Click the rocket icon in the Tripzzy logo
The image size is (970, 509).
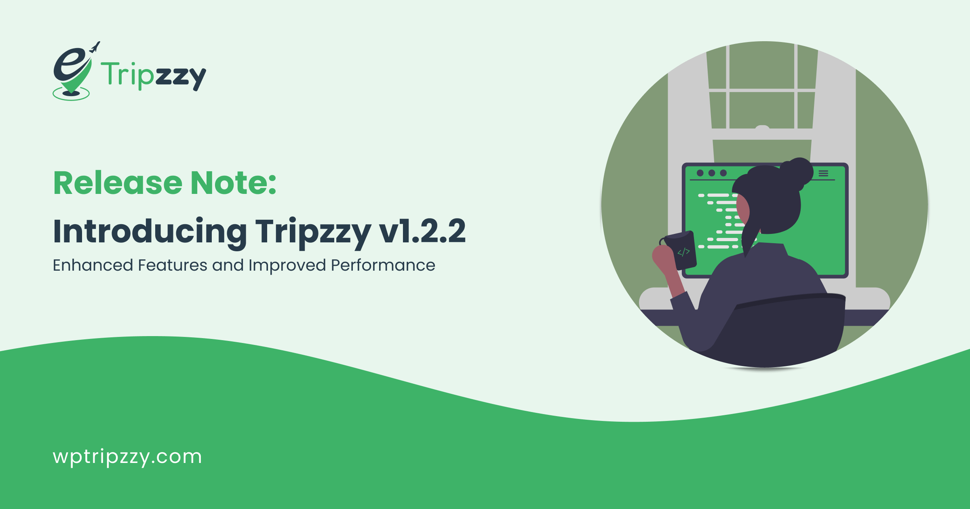(x=95, y=47)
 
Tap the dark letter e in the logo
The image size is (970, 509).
(x=69, y=64)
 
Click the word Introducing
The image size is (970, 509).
(x=150, y=231)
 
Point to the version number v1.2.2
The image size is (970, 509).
(x=422, y=231)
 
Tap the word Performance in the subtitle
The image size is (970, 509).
(x=383, y=265)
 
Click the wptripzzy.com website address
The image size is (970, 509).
(x=127, y=457)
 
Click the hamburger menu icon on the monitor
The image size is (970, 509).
(x=823, y=173)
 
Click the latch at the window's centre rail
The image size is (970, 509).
(x=762, y=128)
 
